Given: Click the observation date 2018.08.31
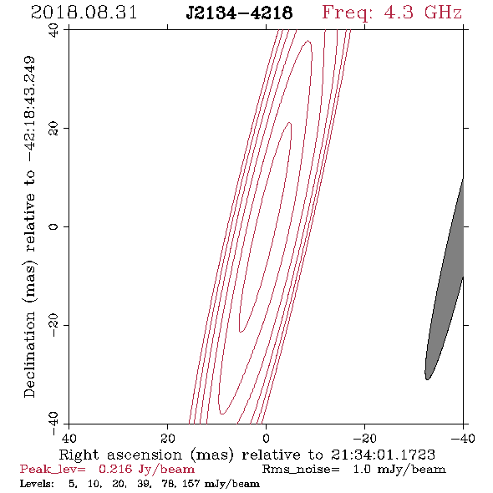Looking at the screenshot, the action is click(x=84, y=13).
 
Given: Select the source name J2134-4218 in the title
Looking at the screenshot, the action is click(x=239, y=13).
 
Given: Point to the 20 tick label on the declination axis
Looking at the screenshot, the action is click(x=53, y=129).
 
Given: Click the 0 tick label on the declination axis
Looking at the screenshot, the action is click(x=53, y=226).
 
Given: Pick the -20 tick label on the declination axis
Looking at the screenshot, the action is click(x=53, y=325).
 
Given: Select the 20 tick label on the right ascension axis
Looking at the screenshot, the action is click(x=167, y=439).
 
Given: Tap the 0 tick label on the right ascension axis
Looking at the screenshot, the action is click(x=266, y=439).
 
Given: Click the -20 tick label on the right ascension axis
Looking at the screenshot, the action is click(x=364, y=439).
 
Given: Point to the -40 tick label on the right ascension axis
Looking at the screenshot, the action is click(x=463, y=439).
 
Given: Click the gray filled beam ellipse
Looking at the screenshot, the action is click(x=445, y=280).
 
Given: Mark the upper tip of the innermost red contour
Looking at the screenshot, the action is click(x=290, y=123).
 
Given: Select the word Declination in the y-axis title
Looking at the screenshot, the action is click(x=29, y=354).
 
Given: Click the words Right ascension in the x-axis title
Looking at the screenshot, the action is click(x=120, y=455).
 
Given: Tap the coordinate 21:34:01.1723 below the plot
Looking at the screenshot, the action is click(x=383, y=455).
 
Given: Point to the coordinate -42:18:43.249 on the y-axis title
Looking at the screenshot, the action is click(x=29, y=109).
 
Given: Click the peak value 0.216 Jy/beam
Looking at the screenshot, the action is click(x=146, y=470).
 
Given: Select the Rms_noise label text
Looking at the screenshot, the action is click(x=301, y=470).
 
